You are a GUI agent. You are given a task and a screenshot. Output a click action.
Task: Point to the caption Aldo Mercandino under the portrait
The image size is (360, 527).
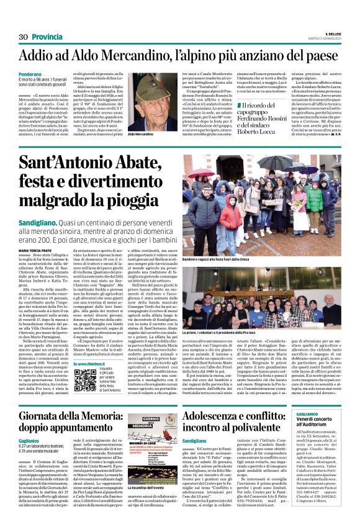tap(142, 133)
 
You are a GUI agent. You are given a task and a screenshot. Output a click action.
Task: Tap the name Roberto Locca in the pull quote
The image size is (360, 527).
tap(261, 130)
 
